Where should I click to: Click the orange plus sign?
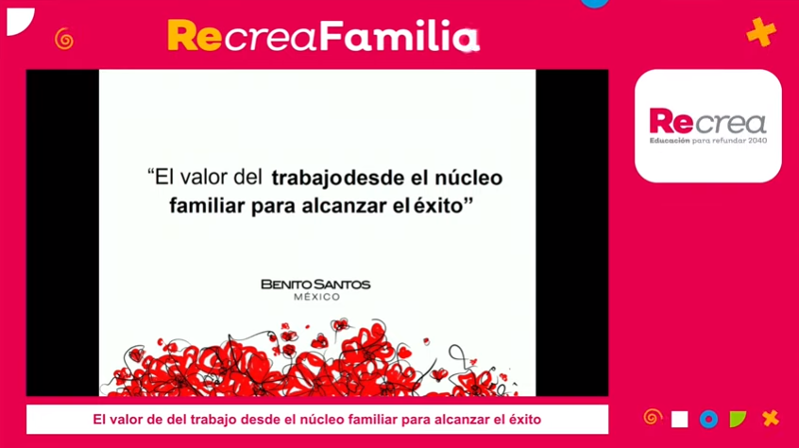coord(761,31)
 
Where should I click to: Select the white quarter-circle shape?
coord(21,22)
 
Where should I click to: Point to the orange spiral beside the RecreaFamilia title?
coord(64,40)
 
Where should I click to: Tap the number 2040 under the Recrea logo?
coord(757,141)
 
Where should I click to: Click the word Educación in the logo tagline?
coord(670,141)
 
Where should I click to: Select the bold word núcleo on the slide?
coord(468,178)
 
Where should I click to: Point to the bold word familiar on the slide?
coord(208,206)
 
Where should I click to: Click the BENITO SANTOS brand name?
coord(315,284)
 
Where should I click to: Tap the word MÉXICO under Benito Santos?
coord(316,297)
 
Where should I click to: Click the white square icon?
coord(679,419)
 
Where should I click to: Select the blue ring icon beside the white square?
coord(708,419)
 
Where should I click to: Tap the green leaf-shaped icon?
coord(738,419)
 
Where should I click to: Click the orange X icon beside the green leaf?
coord(771,419)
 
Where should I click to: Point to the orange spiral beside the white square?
coord(653,418)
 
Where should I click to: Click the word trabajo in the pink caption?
coord(213,420)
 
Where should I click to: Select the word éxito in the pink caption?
coord(525,420)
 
